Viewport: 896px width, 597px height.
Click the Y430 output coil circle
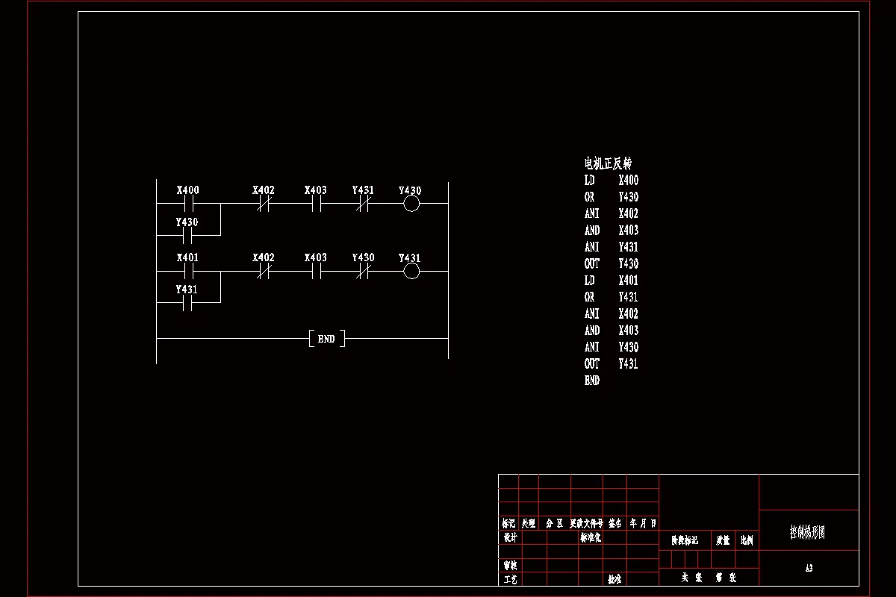411,203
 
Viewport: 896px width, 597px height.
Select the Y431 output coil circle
411,271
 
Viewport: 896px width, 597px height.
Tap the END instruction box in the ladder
326,339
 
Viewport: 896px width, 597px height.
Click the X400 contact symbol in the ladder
188,203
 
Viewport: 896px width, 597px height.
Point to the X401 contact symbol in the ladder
188,271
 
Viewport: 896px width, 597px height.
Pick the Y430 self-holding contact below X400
188,235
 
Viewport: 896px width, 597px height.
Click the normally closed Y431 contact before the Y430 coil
363,203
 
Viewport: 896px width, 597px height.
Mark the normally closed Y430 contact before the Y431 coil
363,271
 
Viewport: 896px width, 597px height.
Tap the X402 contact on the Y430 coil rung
264,203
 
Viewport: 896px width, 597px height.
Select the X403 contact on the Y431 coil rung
316,271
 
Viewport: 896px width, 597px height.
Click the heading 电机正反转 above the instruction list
608,163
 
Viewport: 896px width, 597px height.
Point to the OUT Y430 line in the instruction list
612,263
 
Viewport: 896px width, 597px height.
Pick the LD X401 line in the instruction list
612,281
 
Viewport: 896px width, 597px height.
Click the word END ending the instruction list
592,381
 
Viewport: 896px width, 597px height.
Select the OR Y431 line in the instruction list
612,297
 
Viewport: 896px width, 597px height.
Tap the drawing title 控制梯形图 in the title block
808,532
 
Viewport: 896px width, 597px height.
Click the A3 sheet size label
809,569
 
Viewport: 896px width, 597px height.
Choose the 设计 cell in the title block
510,537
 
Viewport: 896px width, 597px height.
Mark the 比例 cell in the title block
747,540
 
